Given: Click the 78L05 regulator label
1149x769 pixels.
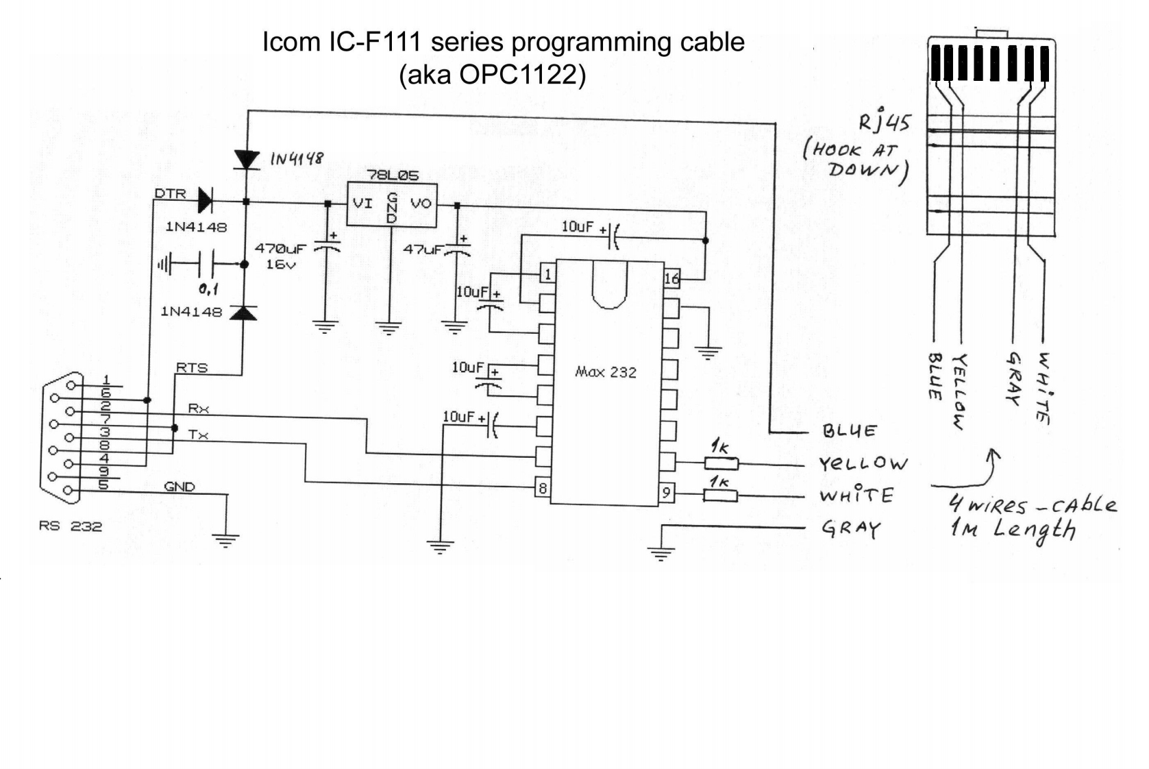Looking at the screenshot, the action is tap(393, 175).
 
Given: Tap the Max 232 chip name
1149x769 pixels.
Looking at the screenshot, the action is tap(606, 372).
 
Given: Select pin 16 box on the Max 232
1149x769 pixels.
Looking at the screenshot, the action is tap(672, 278).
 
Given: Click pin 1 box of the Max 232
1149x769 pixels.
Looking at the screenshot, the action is tap(547, 274).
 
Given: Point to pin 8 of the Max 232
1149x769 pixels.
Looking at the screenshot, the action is tap(543, 488).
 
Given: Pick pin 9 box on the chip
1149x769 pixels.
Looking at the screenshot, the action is tap(667, 493).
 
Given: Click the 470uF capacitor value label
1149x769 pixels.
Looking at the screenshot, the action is tap(281, 249).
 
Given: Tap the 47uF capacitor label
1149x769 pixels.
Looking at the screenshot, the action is tap(423, 250).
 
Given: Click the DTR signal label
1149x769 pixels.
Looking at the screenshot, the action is tap(171, 193).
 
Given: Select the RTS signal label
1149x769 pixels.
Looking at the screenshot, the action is tap(192, 368).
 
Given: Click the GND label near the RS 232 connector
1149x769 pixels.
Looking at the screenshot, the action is tap(180, 487).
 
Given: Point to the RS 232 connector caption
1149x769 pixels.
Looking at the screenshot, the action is tap(71, 526).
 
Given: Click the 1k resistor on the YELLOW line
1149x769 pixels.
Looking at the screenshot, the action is tap(721, 464).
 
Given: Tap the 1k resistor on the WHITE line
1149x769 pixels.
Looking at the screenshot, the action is tap(720, 496).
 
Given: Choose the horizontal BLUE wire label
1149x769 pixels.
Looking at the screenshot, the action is tap(849, 431).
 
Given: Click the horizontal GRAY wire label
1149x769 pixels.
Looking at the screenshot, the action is tap(851, 528).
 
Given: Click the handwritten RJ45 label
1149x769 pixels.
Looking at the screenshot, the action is tap(885, 122).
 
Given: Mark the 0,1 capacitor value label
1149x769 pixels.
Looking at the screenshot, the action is tap(209, 290).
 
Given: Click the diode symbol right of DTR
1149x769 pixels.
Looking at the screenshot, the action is tap(205, 199).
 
